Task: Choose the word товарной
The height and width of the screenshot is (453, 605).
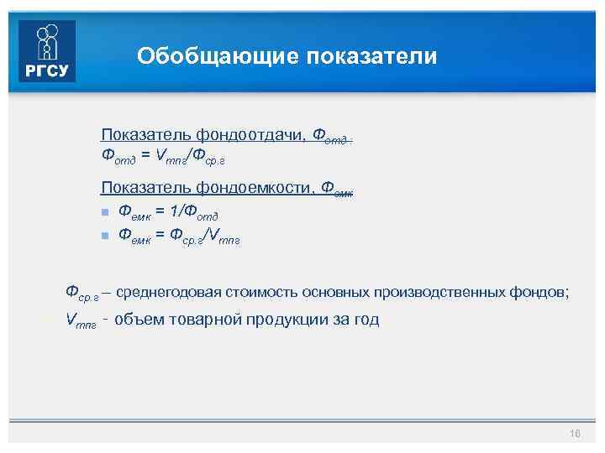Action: click(201, 319)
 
